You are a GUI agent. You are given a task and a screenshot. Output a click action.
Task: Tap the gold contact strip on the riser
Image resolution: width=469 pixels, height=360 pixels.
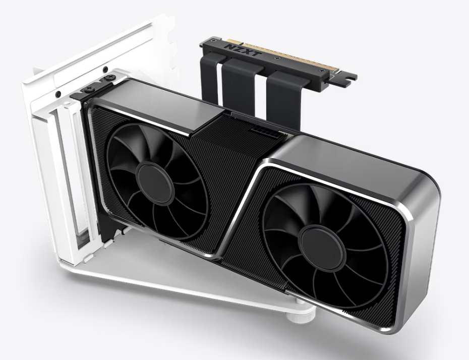[282, 55]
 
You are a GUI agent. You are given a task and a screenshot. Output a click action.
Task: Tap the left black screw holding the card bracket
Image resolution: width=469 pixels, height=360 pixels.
[89, 89]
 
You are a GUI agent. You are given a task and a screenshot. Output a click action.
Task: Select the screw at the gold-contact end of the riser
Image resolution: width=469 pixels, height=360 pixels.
[322, 71]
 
